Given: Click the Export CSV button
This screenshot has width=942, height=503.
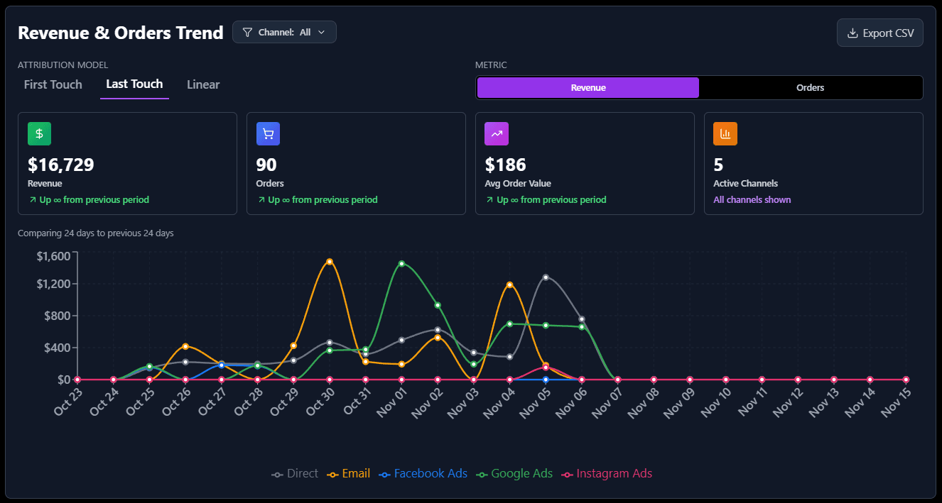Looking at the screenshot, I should pos(879,33).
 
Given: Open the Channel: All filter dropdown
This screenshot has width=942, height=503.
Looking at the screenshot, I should pos(284,32).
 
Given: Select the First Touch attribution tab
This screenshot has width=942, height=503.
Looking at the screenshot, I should pos(53,84).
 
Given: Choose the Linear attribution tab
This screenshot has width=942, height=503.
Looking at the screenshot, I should pos(203,84).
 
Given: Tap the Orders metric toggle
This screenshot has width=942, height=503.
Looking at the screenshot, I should pos(810,88).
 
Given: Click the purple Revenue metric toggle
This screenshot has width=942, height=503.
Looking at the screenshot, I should pos(588,88).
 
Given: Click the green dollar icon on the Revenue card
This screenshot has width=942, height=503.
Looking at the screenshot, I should pos(39,133).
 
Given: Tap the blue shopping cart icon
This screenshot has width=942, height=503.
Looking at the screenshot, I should pos(268,133).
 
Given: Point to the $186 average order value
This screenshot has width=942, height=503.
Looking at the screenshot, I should pos(506,165).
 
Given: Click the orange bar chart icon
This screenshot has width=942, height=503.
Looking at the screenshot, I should pos(725,133).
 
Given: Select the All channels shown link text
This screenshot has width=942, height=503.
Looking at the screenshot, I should pos(752,199).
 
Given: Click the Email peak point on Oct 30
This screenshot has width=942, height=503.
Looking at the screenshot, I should pos(330,262).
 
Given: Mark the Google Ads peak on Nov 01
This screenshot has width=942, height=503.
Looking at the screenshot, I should pos(401,263).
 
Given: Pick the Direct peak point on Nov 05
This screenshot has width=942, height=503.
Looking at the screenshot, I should pos(546,277).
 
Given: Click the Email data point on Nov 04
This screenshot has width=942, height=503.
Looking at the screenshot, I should pos(509,284).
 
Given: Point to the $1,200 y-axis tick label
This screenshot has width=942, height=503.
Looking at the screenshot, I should pos(53,284).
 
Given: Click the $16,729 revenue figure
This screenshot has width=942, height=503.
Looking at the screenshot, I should pos(61,165).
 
